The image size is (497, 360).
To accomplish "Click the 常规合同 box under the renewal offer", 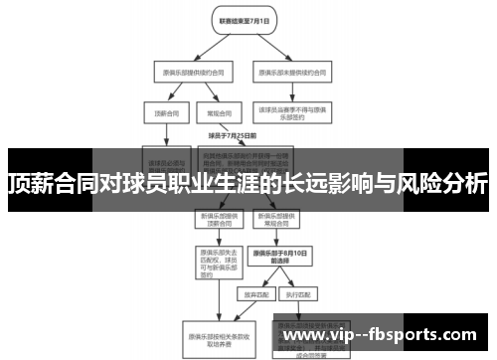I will pyautogui.click(x=212, y=113).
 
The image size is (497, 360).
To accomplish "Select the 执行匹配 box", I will pyautogui.click(x=295, y=295).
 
